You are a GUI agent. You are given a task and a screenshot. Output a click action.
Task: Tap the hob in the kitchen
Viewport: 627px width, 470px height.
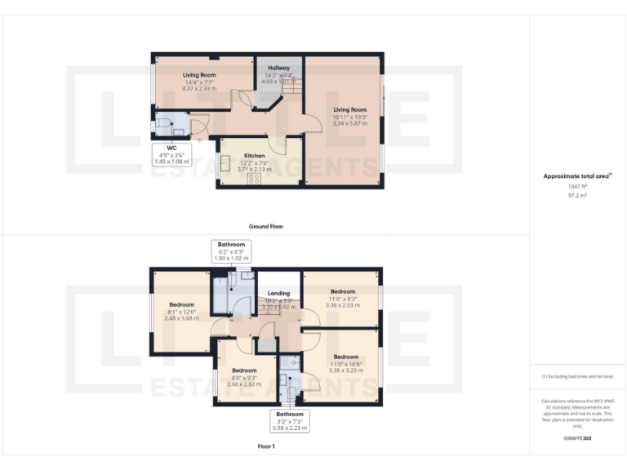(x=254, y=178)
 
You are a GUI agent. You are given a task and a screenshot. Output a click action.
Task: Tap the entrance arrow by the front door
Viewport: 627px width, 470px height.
(x=198, y=141)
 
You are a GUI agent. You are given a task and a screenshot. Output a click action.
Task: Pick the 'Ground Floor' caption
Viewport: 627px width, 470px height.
(x=265, y=225)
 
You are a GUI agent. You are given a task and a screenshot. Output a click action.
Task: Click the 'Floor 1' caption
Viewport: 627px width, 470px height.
(x=266, y=446)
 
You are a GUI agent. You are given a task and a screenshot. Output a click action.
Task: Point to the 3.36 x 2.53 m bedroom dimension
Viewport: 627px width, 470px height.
(x=342, y=305)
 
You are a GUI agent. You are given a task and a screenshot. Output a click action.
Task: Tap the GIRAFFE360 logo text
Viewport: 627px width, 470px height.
(x=577, y=438)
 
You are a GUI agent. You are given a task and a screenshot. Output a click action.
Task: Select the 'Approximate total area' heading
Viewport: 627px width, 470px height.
(x=576, y=175)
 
